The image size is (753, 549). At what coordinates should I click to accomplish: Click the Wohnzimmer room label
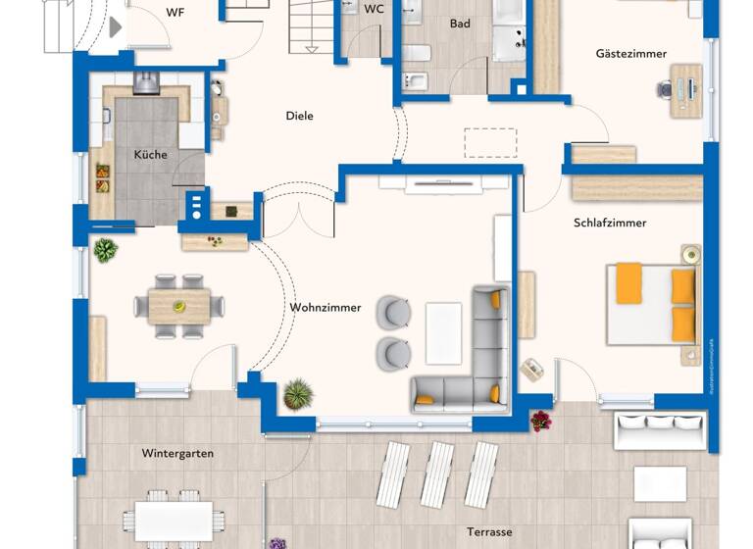pyautogui.click(x=325, y=308)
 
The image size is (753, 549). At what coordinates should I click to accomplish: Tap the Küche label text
pyautogui.click(x=150, y=155)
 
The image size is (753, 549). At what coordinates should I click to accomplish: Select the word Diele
pyautogui.click(x=299, y=116)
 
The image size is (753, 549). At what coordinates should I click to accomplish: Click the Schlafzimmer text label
pyautogui.click(x=610, y=223)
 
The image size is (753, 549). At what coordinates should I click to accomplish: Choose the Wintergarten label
pyautogui.click(x=177, y=454)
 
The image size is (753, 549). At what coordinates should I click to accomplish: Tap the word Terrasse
pyautogui.click(x=488, y=532)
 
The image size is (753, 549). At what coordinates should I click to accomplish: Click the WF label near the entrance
pyautogui.click(x=175, y=13)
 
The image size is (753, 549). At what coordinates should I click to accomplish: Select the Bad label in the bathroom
pyautogui.click(x=460, y=23)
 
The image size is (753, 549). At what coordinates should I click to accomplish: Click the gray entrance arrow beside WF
pyautogui.click(x=115, y=27)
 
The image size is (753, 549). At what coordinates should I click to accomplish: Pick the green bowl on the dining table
pyautogui.click(x=179, y=307)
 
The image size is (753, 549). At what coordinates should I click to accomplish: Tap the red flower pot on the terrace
pyautogui.click(x=540, y=421)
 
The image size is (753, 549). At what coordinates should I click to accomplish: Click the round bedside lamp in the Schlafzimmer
pyautogui.click(x=692, y=255)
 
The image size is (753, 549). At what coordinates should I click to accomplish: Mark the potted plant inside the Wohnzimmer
pyautogui.click(x=297, y=395)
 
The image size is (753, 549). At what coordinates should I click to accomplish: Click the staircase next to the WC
pyautogui.click(x=312, y=26)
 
